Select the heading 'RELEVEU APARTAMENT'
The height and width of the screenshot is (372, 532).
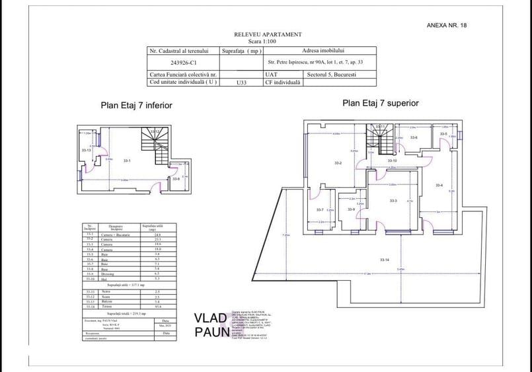(268, 34)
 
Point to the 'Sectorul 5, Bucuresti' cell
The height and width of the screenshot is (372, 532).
(336, 75)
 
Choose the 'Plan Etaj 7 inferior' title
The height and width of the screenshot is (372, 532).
(137, 104)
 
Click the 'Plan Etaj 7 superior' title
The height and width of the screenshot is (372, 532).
(380, 103)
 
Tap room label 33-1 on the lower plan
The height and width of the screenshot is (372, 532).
(127, 161)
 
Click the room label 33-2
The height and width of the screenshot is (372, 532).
(337, 163)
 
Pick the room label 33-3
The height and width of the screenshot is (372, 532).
(393, 201)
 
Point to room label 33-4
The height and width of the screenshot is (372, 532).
(438, 185)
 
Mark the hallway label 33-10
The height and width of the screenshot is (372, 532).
(392, 161)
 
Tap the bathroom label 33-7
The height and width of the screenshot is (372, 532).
(319, 210)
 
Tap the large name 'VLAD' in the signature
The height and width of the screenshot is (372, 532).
(210, 318)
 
